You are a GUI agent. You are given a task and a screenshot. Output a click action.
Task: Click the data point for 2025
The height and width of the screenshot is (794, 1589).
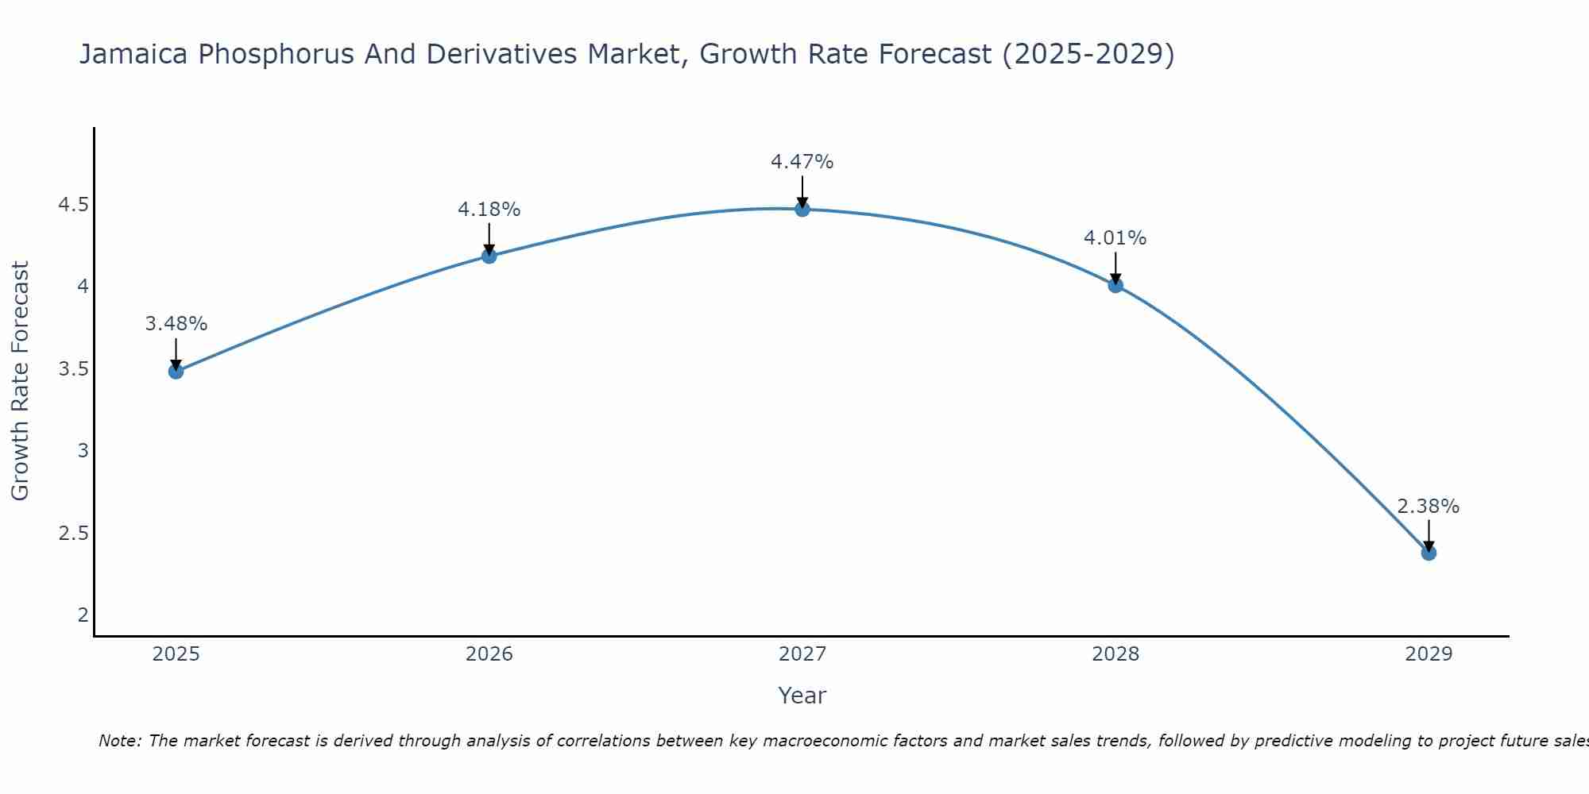(x=176, y=371)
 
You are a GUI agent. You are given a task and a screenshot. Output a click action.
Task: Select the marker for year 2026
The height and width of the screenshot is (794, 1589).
(x=489, y=256)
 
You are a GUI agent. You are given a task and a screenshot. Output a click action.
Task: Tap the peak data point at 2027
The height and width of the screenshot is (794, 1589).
(x=802, y=210)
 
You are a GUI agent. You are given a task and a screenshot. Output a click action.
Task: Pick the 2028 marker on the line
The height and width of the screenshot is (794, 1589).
(x=1115, y=285)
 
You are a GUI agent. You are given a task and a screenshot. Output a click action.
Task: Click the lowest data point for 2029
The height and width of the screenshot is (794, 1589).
(x=1429, y=553)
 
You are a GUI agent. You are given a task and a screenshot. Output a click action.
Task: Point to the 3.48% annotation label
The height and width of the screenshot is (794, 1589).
(x=176, y=324)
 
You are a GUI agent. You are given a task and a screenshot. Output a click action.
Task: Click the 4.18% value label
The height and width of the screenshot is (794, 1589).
(x=489, y=210)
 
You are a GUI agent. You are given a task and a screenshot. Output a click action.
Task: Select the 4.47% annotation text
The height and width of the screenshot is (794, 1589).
(x=802, y=162)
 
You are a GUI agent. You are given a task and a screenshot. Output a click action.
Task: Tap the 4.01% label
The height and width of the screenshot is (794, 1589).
(x=1115, y=238)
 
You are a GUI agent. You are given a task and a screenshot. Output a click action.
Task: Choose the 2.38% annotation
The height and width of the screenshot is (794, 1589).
(x=1429, y=507)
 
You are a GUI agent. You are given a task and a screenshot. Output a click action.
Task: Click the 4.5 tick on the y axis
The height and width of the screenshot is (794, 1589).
(x=73, y=205)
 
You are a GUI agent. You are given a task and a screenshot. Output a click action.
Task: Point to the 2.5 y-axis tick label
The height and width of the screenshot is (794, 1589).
(x=73, y=533)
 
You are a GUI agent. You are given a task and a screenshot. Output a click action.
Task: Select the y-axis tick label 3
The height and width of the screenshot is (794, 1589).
(x=83, y=451)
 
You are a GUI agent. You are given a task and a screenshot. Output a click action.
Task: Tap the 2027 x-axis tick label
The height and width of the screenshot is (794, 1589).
(x=802, y=654)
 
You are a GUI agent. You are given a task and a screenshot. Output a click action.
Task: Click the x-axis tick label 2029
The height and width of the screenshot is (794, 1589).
(x=1429, y=654)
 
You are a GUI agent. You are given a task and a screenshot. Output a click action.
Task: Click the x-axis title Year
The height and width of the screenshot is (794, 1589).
(x=802, y=696)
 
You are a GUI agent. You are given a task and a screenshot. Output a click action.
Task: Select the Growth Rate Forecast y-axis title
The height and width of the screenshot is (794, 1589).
(x=21, y=381)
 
